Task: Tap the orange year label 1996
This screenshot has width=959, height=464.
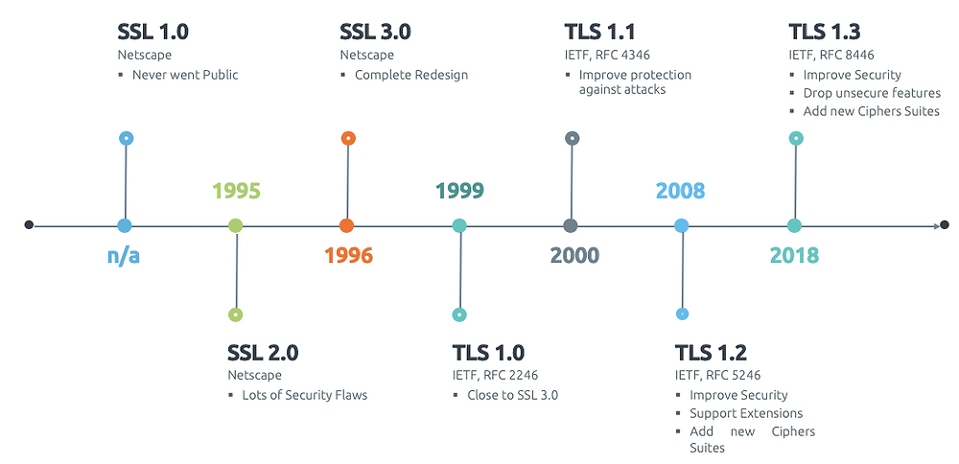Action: [x=348, y=256]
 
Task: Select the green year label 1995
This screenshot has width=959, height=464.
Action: [x=236, y=191]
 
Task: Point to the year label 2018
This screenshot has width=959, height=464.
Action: [x=794, y=256]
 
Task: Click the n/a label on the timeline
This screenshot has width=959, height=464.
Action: [x=124, y=256]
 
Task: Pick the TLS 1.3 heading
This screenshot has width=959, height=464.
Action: [x=824, y=32]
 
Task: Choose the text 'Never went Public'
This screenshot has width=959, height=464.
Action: [x=185, y=74]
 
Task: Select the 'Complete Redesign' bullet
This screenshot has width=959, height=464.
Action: [x=411, y=74]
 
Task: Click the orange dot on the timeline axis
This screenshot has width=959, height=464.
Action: [x=347, y=226]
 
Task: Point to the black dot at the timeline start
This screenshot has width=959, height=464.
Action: [x=29, y=225]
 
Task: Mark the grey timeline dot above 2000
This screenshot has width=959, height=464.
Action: [x=572, y=226]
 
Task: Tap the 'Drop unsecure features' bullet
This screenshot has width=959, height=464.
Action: [x=872, y=93]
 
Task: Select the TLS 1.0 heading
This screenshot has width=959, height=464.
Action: [x=488, y=353]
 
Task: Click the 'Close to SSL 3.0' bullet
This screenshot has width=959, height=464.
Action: [x=512, y=395]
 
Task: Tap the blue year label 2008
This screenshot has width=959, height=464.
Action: [x=680, y=191]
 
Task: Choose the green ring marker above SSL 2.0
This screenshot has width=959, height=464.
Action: [x=236, y=314]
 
